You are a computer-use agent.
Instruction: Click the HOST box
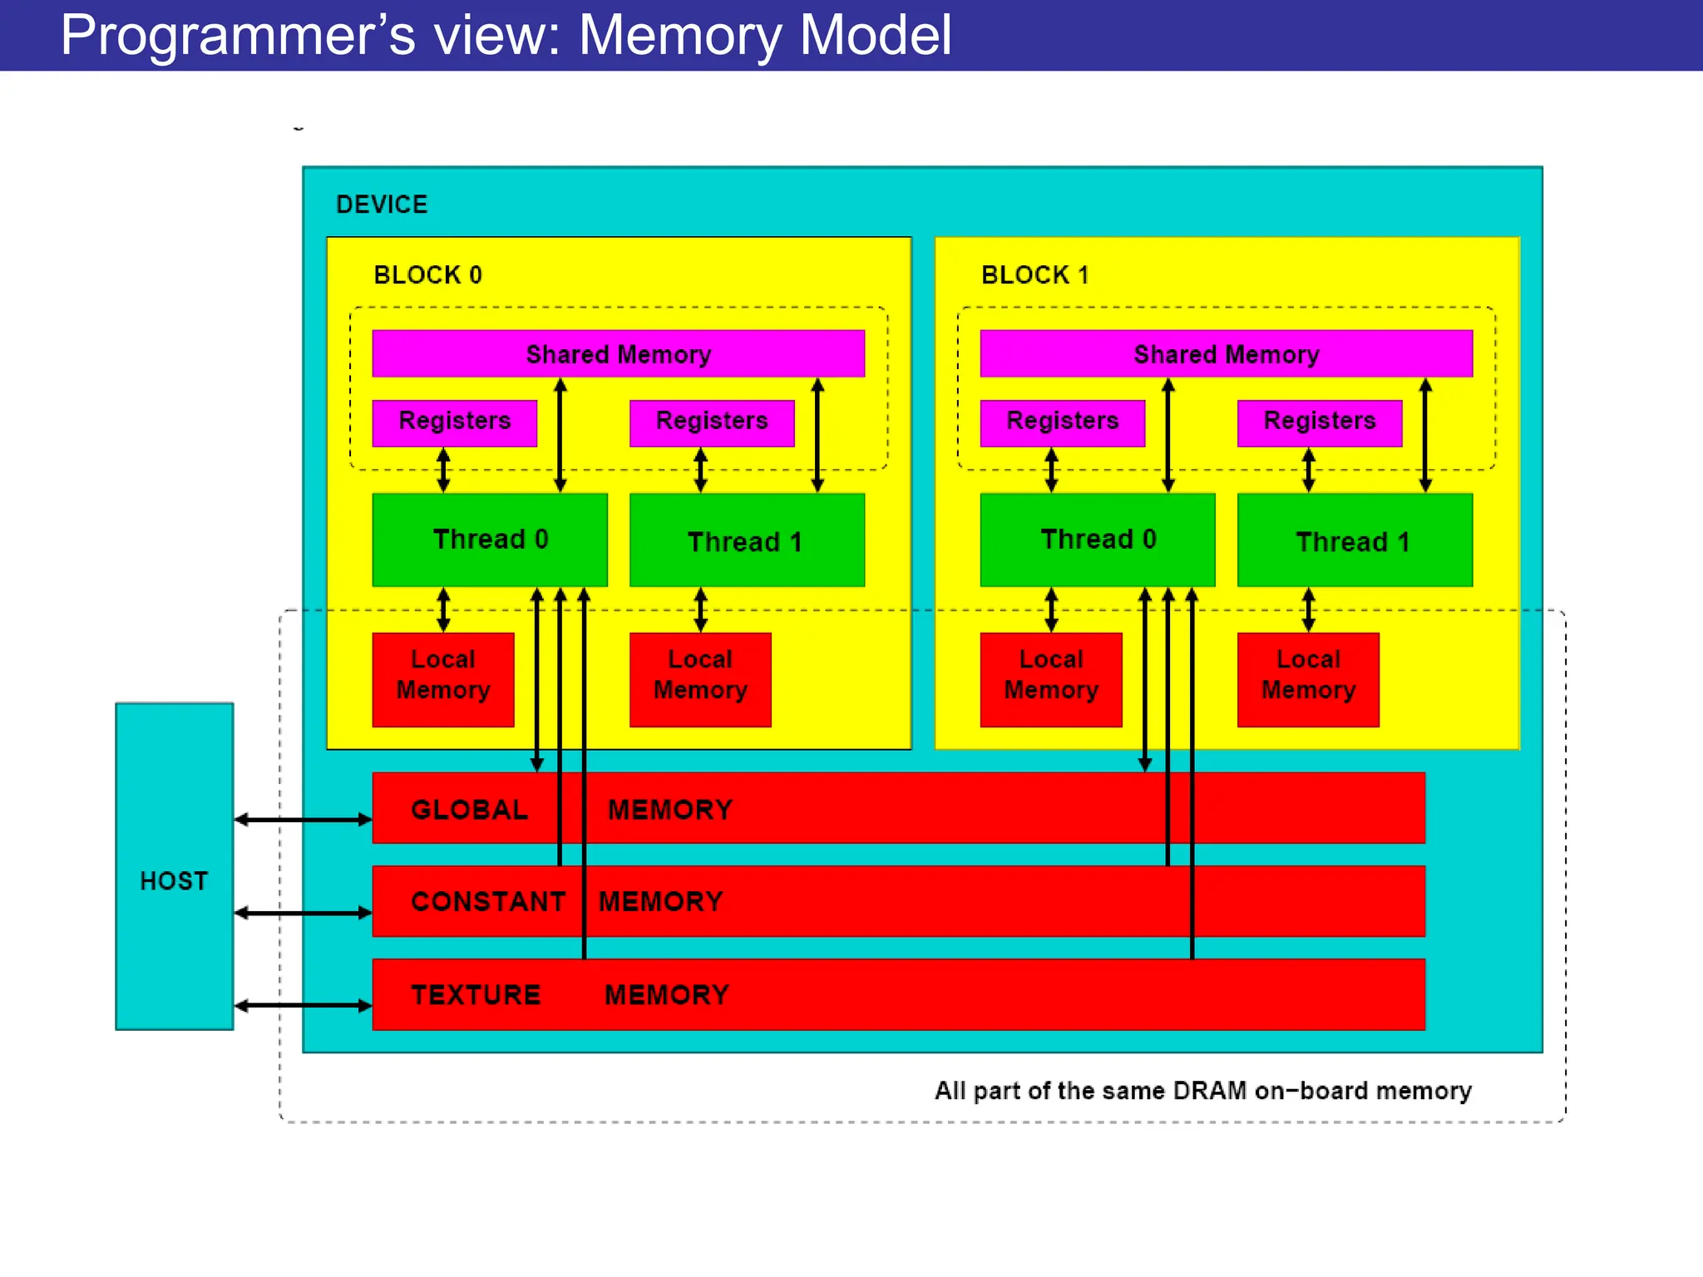pos(174,866)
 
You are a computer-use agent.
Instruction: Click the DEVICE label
pos(382,205)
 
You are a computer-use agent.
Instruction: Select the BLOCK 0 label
pos(427,275)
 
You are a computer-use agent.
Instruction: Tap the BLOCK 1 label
pos(1034,275)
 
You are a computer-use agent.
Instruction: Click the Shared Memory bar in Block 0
pos(618,354)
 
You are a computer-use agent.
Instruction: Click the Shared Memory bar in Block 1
pos(1226,354)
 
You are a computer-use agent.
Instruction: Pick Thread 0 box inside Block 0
pos(490,540)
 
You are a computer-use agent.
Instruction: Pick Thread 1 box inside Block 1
pos(1355,541)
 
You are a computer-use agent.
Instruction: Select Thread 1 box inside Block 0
pos(747,541)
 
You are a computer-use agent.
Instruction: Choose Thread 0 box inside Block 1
pos(1098,540)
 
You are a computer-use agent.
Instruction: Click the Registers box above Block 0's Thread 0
pos(454,422)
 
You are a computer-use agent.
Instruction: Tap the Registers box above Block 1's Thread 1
pos(1320,422)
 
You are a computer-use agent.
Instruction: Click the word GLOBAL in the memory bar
pos(469,810)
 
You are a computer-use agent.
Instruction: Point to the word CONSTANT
pos(488,902)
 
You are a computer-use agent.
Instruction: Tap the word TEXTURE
pos(476,995)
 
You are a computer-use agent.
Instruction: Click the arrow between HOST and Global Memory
pos(303,820)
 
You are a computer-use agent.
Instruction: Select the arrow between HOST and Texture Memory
pos(303,1006)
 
